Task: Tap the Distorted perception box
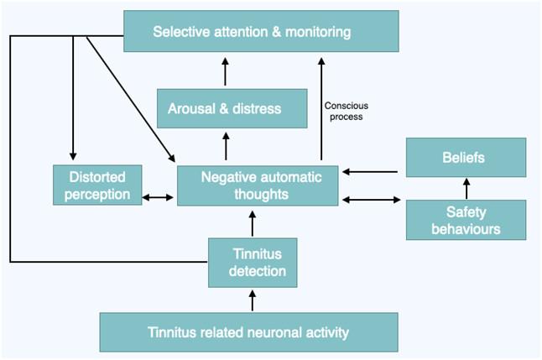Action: (x=97, y=185)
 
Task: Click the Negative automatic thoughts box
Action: (x=257, y=185)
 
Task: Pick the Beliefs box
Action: (x=466, y=157)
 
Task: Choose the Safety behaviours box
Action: (x=466, y=219)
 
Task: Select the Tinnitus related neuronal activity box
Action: (x=248, y=332)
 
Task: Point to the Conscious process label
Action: (x=346, y=111)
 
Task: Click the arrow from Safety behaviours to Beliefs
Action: (x=467, y=189)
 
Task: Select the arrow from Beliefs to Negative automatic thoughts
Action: (x=371, y=172)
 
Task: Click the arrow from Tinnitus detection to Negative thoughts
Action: (x=251, y=223)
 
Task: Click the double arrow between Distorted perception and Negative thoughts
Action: (x=159, y=198)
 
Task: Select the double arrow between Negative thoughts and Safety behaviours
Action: (x=372, y=200)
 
